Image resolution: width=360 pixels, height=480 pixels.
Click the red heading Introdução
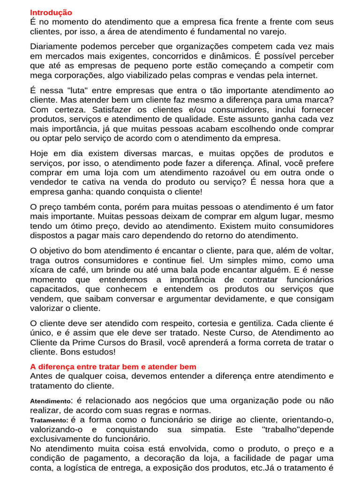coord(51,13)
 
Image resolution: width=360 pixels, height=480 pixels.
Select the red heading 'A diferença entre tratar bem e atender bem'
coord(113,367)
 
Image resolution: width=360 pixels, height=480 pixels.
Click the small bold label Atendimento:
coord(50,402)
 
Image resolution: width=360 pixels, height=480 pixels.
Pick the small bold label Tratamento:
coord(49,420)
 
